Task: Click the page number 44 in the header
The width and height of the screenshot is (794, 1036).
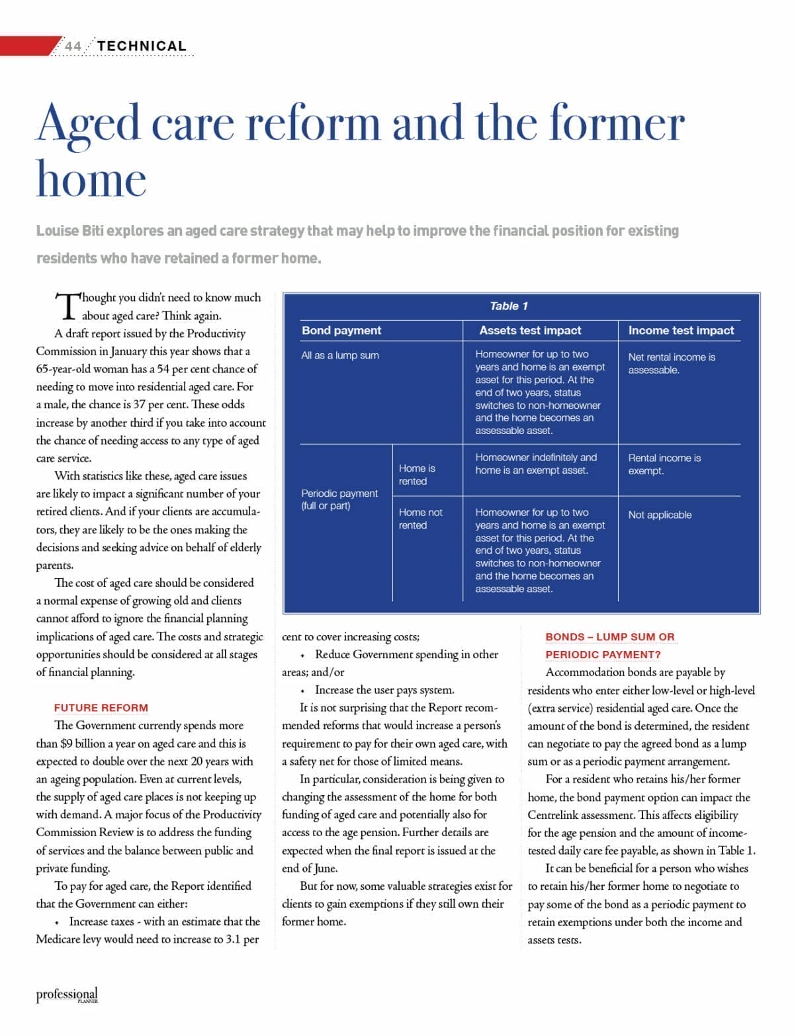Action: pos(73,46)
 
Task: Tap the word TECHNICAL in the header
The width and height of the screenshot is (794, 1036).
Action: pos(142,46)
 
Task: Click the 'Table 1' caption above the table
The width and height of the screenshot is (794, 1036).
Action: pos(508,306)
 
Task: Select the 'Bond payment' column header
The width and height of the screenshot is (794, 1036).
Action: pos(341,330)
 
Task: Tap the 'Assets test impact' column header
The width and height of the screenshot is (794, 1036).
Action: pos(530,330)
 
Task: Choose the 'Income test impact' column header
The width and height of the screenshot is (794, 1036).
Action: pos(681,330)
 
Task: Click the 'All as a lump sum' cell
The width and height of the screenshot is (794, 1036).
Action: pos(340,355)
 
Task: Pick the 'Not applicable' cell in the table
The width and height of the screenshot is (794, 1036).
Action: pos(660,515)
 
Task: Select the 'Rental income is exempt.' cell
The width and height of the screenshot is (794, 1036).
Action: pos(664,464)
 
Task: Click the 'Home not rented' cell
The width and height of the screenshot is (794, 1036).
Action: pos(421,519)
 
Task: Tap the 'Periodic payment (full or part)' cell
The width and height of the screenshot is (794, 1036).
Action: pos(339,499)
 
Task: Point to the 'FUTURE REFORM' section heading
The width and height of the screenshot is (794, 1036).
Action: pos(101,708)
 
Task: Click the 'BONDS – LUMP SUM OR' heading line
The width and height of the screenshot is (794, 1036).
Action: pos(610,636)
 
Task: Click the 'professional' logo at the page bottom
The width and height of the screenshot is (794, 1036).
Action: pos(67,994)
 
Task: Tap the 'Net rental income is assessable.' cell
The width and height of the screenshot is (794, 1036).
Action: pos(672,363)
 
